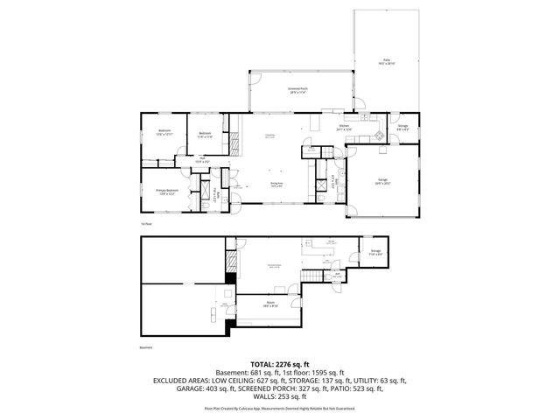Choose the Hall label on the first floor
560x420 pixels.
[202, 160]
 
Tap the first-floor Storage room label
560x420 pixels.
[402, 128]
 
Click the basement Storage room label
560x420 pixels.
[374, 251]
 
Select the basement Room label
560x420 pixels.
[270, 304]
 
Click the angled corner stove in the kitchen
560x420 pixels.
[378, 136]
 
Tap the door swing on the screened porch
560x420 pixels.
[255, 81]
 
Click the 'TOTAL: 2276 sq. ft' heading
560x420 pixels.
[280, 363]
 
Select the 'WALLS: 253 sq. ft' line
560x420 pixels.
[280, 395]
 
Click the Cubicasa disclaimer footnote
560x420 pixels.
[280, 408]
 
